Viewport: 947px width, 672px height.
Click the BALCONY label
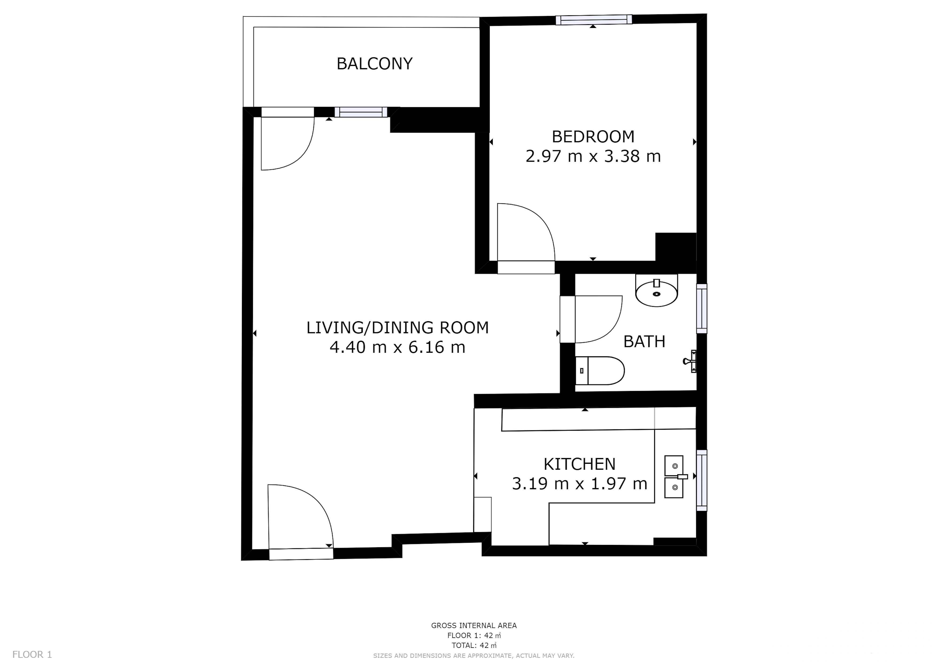coord(374,64)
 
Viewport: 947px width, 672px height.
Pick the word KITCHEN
coord(579,464)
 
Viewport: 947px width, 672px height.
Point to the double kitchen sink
coord(674,477)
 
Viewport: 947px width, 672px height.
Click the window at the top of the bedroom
coord(594,20)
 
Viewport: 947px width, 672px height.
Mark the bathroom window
coord(702,309)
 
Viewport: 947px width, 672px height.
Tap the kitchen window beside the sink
coord(702,481)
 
